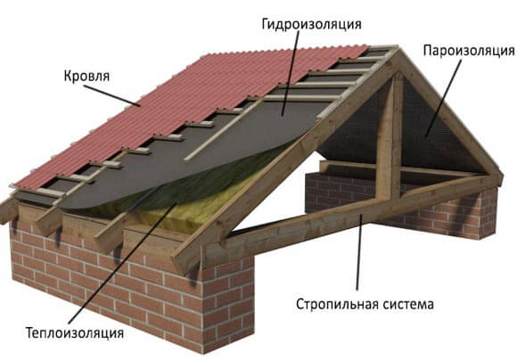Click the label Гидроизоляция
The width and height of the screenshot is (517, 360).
[x=312, y=24]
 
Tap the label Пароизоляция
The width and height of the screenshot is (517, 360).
[x=469, y=51]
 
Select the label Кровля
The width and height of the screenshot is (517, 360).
[x=86, y=76]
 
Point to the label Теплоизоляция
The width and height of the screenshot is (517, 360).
[x=75, y=332]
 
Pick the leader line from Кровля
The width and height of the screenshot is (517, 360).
[x=111, y=96]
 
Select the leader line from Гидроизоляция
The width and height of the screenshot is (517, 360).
[x=291, y=73]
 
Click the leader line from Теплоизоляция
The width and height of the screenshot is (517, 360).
[x=123, y=263]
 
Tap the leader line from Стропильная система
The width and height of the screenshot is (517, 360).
[x=359, y=252]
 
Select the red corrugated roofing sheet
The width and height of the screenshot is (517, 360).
[x=185, y=109]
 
